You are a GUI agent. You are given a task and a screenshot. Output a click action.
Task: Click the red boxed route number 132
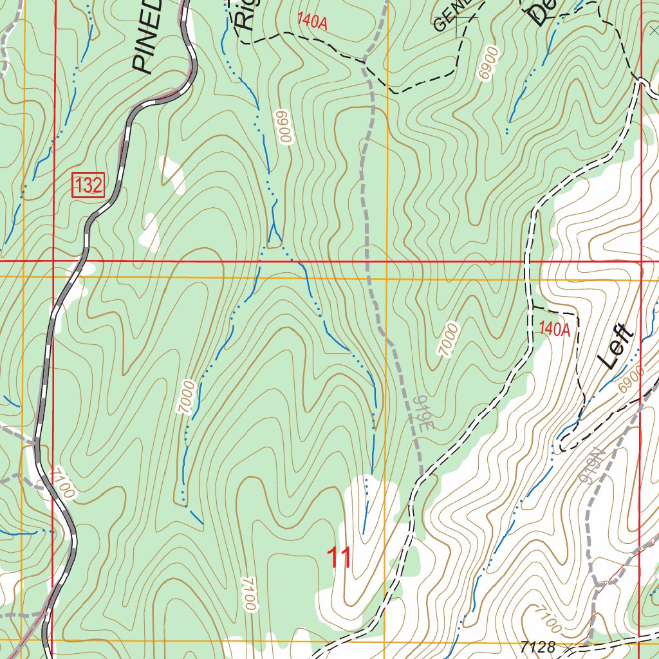point(88,186)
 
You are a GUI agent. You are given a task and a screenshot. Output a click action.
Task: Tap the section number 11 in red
point(339,558)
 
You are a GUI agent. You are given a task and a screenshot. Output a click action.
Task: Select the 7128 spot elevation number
point(539,647)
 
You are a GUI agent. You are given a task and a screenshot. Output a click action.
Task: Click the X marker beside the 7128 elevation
point(567,646)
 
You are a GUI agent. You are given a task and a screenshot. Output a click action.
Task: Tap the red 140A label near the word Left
point(555,329)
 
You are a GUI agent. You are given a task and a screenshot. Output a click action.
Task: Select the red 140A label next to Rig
point(313,23)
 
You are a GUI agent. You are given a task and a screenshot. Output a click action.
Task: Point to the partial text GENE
point(452,16)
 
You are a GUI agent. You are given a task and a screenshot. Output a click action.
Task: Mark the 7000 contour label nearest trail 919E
point(449,340)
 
